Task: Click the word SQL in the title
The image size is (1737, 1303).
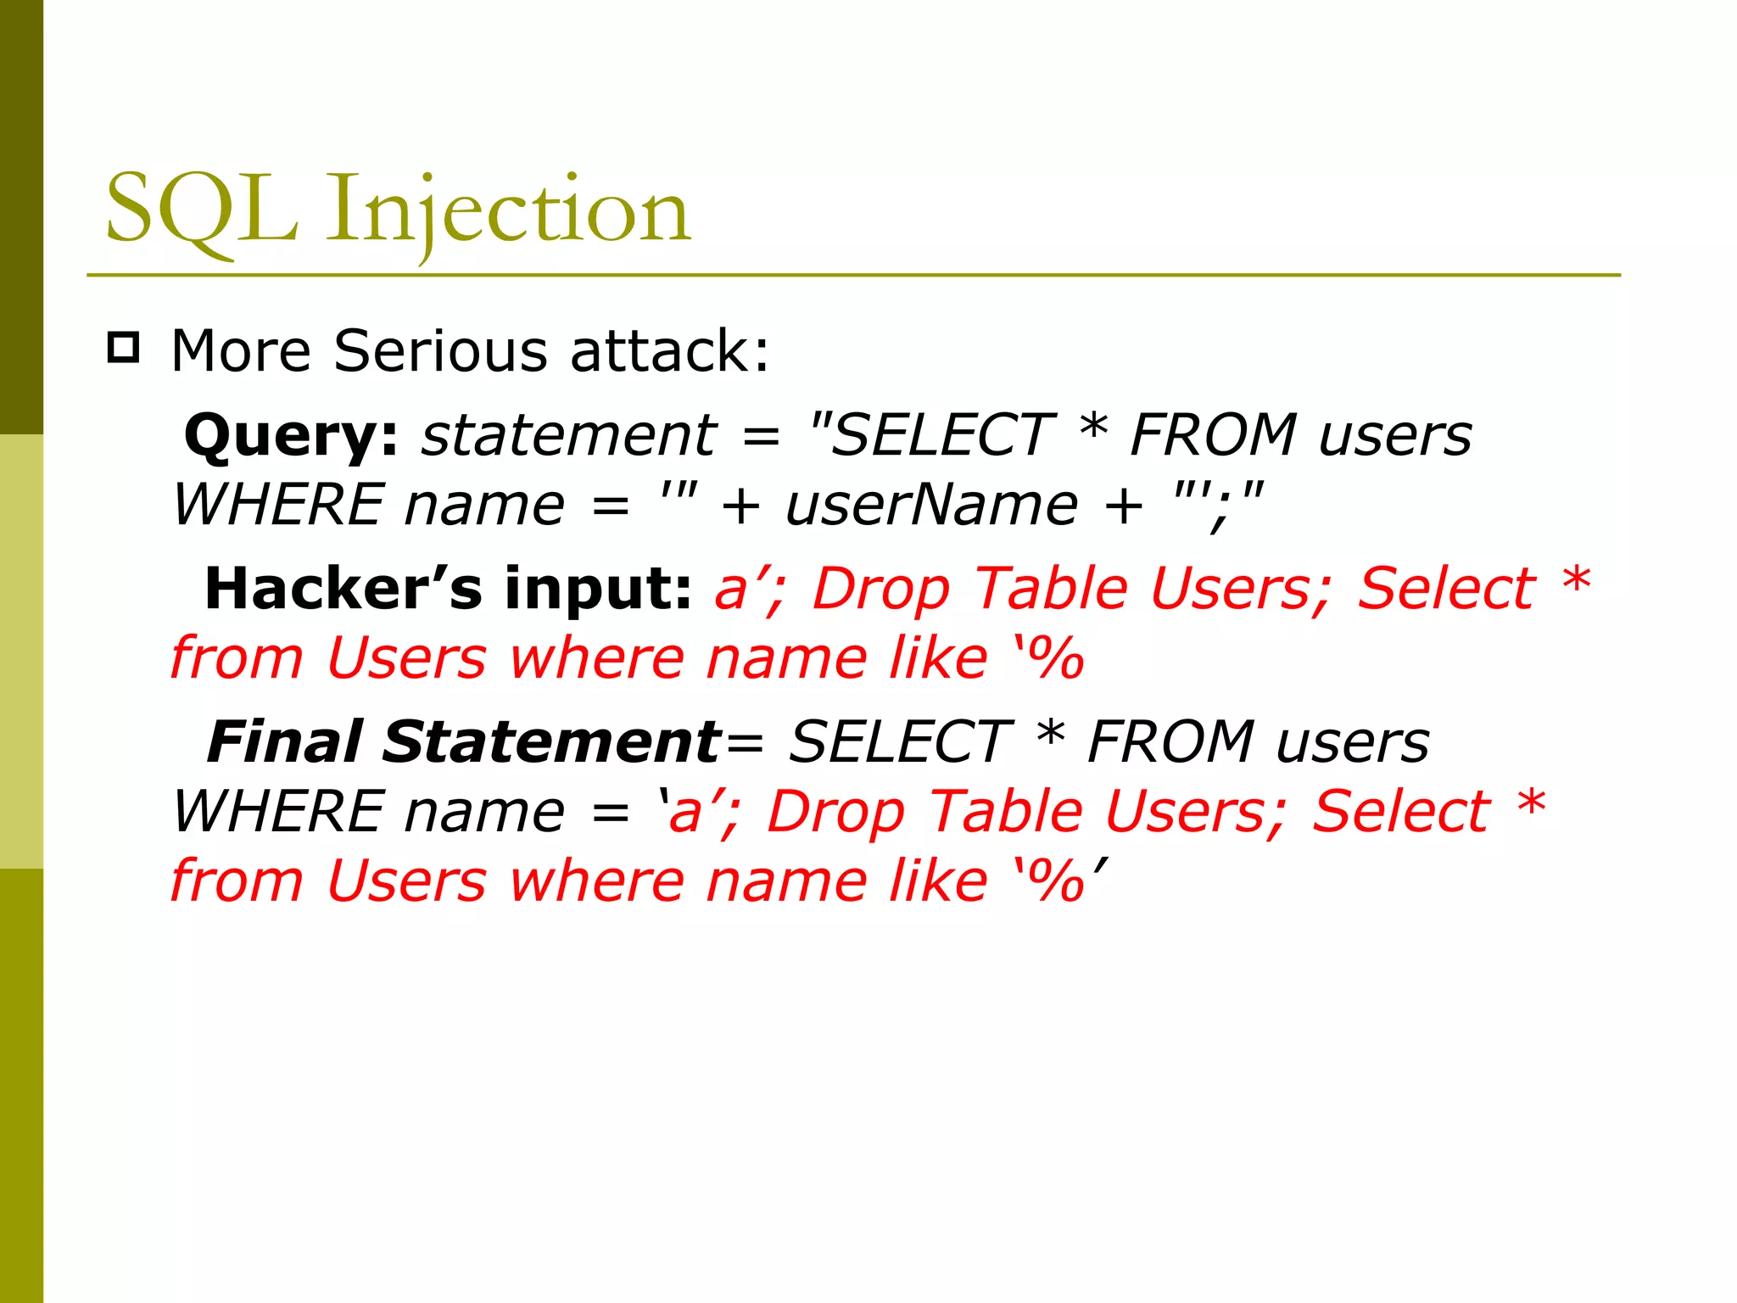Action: coord(202,210)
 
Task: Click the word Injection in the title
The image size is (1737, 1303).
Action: coord(509,210)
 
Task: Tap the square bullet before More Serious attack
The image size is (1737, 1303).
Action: coord(124,348)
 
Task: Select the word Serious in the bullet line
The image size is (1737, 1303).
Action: coord(440,350)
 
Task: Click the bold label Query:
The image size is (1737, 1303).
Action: coord(291,436)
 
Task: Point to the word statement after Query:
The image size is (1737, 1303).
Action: coord(569,436)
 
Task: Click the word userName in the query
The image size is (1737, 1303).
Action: coord(931,506)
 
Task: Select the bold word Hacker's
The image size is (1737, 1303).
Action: coord(343,589)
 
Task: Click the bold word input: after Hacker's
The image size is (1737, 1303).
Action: coord(599,589)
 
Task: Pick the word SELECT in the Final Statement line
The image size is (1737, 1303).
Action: coord(899,742)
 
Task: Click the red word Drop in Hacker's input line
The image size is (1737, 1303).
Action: coord(881,589)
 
